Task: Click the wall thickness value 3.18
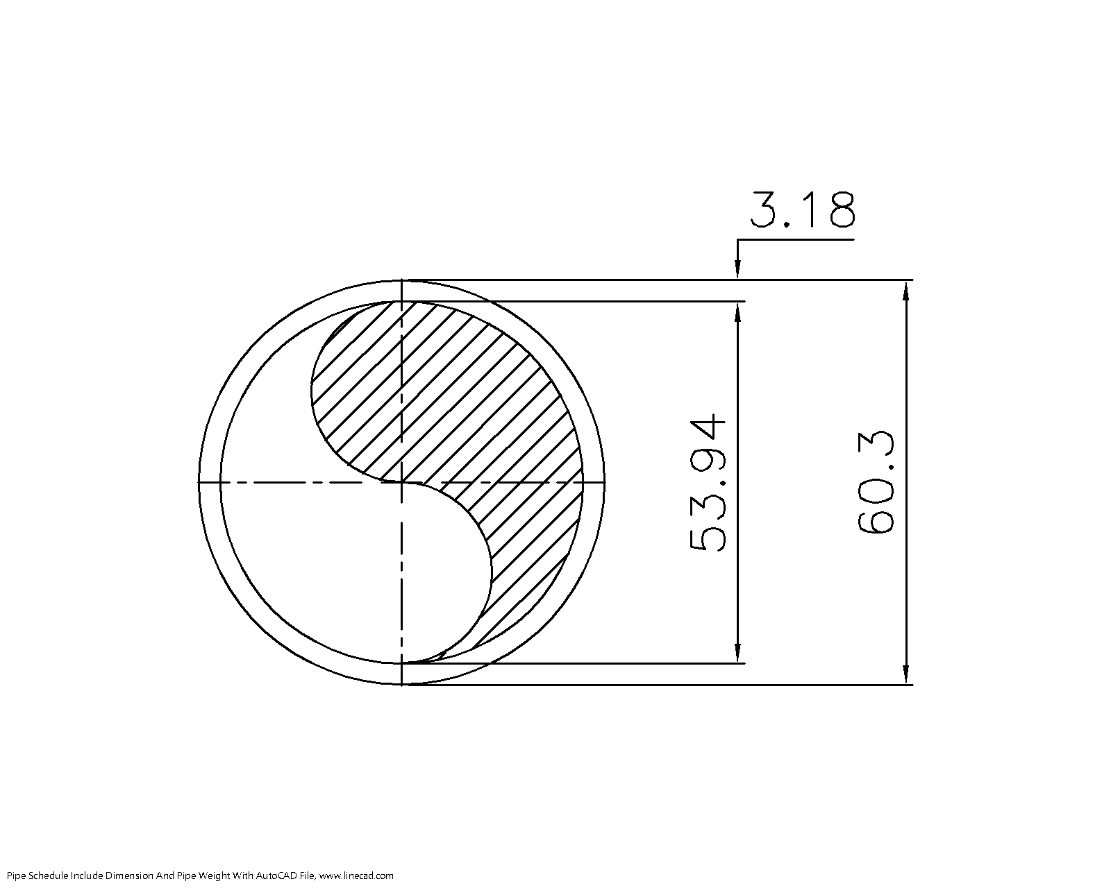pyautogui.click(x=803, y=210)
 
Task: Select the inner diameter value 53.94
pyautogui.click(x=708, y=483)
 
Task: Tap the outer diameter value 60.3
pyautogui.click(x=876, y=483)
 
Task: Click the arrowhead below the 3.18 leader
pyautogui.click(x=738, y=271)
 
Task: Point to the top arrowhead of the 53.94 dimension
pyautogui.click(x=738, y=312)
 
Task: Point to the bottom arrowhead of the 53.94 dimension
pyautogui.click(x=738, y=653)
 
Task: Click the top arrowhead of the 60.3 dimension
pyautogui.click(x=905, y=291)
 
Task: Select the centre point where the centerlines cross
pyautogui.click(x=402, y=481)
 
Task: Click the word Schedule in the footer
pyautogui.click(x=44, y=876)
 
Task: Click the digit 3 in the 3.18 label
pyautogui.click(x=765, y=210)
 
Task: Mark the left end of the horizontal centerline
pyautogui.click(x=200, y=481)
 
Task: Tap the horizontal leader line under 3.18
pyautogui.click(x=795, y=240)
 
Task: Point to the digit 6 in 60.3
pyautogui.click(x=876, y=518)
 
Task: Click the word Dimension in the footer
pyautogui.click(x=129, y=876)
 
